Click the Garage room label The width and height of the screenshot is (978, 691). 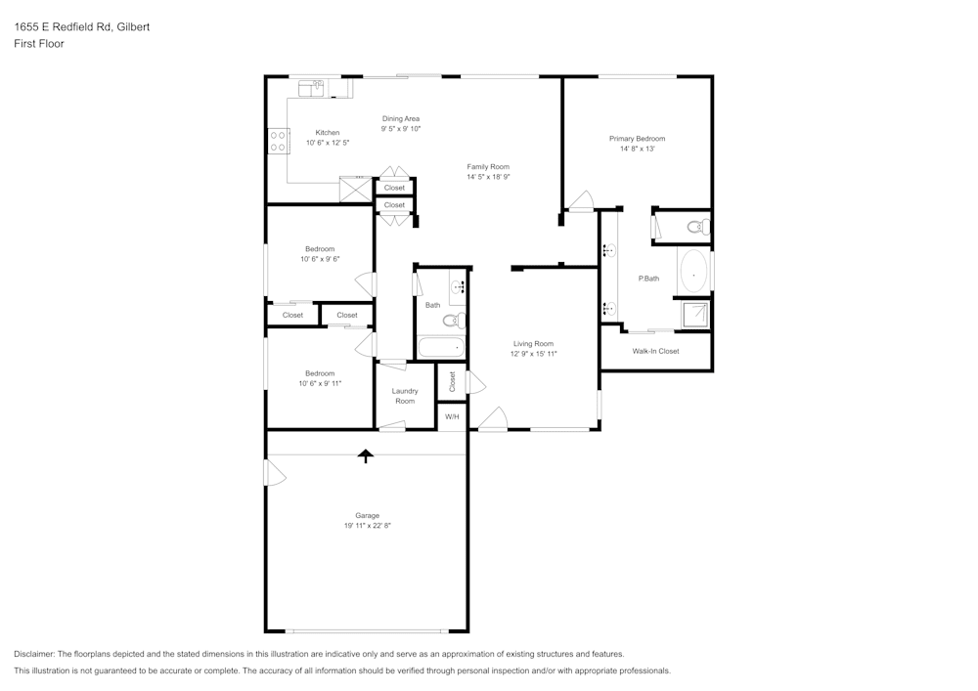coord(368,515)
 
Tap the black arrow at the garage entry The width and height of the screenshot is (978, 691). coord(366,456)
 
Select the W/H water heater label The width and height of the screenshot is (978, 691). coord(452,416)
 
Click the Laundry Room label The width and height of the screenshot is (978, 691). coord(405,396)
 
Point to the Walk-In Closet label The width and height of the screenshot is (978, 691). coord(655,351)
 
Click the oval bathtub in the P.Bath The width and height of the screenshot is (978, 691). coord(693,271)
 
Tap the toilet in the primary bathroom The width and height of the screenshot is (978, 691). coord(698,226)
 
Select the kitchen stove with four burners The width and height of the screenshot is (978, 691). coord(278,141)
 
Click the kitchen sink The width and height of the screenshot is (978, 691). coord(311,89)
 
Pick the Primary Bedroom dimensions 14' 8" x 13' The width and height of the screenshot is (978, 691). coord(637,149)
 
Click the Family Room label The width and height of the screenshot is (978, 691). coord(488,166)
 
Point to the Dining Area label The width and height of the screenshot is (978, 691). coord(400,118)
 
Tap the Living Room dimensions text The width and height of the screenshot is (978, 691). coord(533,354)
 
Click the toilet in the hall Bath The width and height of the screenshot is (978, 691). coord(454,321)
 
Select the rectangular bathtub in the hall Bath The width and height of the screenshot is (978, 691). coord(441,347)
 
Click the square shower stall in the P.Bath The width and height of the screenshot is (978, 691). coord(693,315)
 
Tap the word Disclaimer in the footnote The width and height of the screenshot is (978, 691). coord(33,654)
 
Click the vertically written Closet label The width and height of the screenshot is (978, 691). coord(452,381)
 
